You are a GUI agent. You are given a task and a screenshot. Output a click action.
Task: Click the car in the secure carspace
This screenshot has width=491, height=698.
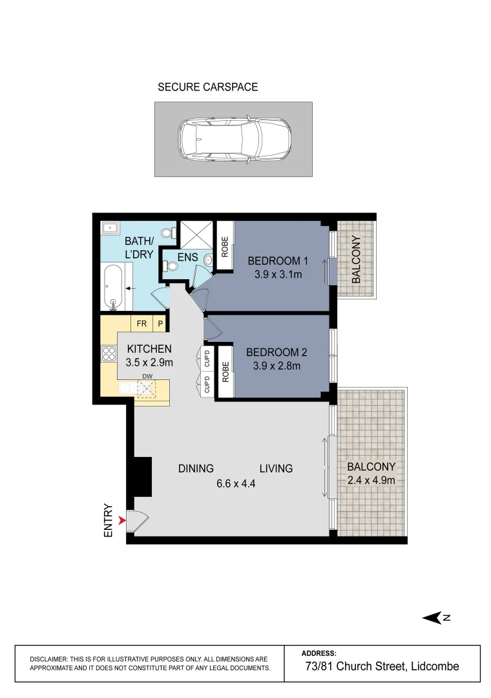tap(234, 139)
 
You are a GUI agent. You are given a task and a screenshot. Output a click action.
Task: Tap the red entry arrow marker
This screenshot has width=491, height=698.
tap(123, 519)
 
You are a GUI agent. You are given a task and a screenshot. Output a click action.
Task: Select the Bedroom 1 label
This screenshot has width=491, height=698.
tap(278, 261)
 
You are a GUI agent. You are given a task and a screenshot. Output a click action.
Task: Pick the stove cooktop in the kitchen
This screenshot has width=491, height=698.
tap(109, 354)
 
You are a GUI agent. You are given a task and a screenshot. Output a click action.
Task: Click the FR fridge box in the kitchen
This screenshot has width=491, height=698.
tap(141, 323)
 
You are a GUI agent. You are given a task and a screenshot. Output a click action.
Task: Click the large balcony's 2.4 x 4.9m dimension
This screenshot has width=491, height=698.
tap(371, 480)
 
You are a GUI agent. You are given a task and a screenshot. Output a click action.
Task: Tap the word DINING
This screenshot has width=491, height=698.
tap(196, 469)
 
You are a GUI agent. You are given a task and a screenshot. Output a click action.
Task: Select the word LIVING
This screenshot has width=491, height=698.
tap(277, 469)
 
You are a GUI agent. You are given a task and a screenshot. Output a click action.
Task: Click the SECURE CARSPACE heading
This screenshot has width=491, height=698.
tap(207, 87)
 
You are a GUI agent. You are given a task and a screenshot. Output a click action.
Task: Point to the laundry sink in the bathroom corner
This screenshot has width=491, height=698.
tap(110, 227)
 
